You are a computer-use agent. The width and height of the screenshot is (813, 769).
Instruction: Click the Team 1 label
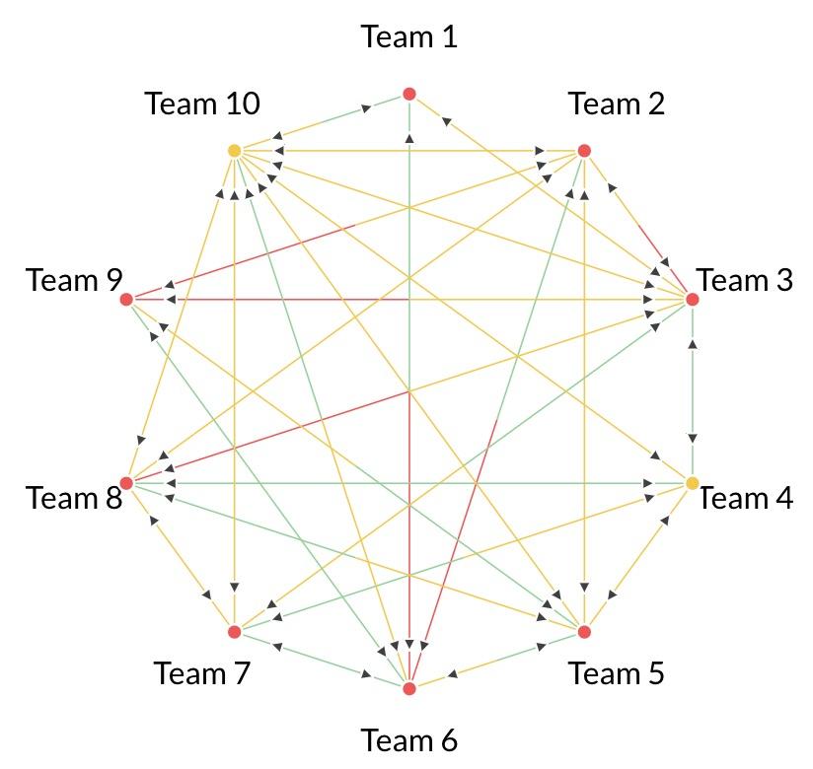[409, 37]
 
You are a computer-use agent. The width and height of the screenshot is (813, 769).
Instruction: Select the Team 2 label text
[617, 104]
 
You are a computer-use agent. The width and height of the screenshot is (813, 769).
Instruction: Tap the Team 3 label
[745, 281]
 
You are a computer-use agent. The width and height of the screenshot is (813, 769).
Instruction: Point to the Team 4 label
[745, 499]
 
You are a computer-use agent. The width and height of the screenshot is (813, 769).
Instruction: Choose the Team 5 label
[617, 674]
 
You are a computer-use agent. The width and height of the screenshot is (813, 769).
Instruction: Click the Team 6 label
[409, 740]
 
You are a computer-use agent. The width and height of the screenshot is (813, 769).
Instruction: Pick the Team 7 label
[202, 674]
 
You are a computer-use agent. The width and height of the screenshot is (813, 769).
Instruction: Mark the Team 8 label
[74, 499]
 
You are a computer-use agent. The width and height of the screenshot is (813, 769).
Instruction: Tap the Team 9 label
[74, 281]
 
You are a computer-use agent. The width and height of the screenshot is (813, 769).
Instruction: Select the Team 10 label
[202, 104]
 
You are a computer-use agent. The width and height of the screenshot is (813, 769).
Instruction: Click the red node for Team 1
[409, 94]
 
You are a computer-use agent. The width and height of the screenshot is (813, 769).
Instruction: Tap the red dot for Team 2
[584, 151]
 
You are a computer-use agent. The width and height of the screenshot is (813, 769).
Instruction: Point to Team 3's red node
[693, 299]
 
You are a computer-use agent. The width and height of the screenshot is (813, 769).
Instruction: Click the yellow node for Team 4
[693, 483]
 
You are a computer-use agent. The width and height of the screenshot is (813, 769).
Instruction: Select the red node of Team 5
[584, 632]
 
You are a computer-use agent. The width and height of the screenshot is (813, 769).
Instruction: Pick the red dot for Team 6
[409, 688]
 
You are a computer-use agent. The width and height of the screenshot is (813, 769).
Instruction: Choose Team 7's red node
[235, 632]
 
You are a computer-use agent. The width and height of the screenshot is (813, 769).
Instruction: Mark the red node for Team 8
[126, 483]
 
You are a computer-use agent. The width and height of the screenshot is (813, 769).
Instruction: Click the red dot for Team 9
[126, 299]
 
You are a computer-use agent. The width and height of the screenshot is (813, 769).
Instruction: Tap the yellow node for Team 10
[235, 151]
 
